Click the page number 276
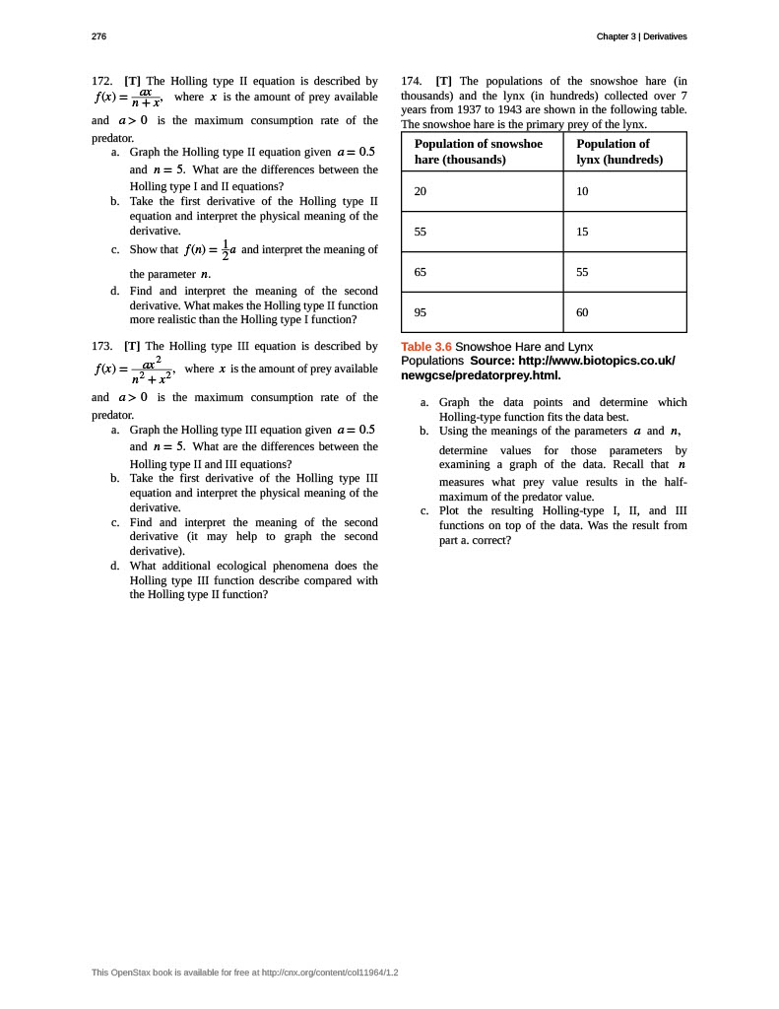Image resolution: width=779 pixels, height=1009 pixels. pyautogui.click(x=98, y=36)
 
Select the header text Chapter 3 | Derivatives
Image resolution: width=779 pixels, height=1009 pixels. pyautogui.click(x=641, y=36)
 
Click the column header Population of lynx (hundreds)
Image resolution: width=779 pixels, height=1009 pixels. pyautogui.click(x=619, y=152)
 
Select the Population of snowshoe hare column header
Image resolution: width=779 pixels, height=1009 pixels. pyautogui.click(x=479, y=152)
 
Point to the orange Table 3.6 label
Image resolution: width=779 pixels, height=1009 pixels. pyautogui.click(x=425, y=347)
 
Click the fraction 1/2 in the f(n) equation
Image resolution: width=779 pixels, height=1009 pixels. pyautogui.click(x=225, y=250)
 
